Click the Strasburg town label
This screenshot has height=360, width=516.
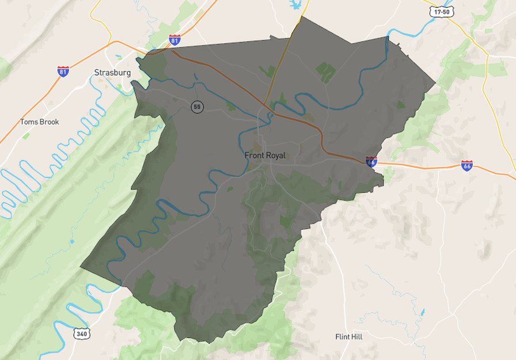[x=112, y=73]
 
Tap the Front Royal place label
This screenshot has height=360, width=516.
[x=265, y=156]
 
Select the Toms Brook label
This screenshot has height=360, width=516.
[x=40, y=122]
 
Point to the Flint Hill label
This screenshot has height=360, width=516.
[x=349, y=336]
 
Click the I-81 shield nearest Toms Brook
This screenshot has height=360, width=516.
[x=63, y=71]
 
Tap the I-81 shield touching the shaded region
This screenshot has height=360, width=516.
[x=175, y=40]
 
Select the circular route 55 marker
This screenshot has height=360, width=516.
[x=198, y=107]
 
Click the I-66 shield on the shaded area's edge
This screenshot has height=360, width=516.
[x=371, y=162]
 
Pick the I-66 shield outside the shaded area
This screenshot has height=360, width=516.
[x=466, y=165]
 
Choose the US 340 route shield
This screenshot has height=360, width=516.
[x=81, y=333]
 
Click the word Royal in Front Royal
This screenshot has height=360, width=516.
[x=275, y=156]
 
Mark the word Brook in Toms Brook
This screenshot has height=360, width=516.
[x=50, y=122]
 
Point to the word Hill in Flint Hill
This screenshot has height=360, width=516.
[x=356, y=336]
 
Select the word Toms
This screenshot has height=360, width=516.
[x=29, y=122]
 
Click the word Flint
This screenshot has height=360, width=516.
[x=343, y=336]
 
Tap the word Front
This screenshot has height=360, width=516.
[x=254, y=156]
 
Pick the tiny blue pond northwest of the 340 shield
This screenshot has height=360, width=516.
[x=72, y=241]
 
